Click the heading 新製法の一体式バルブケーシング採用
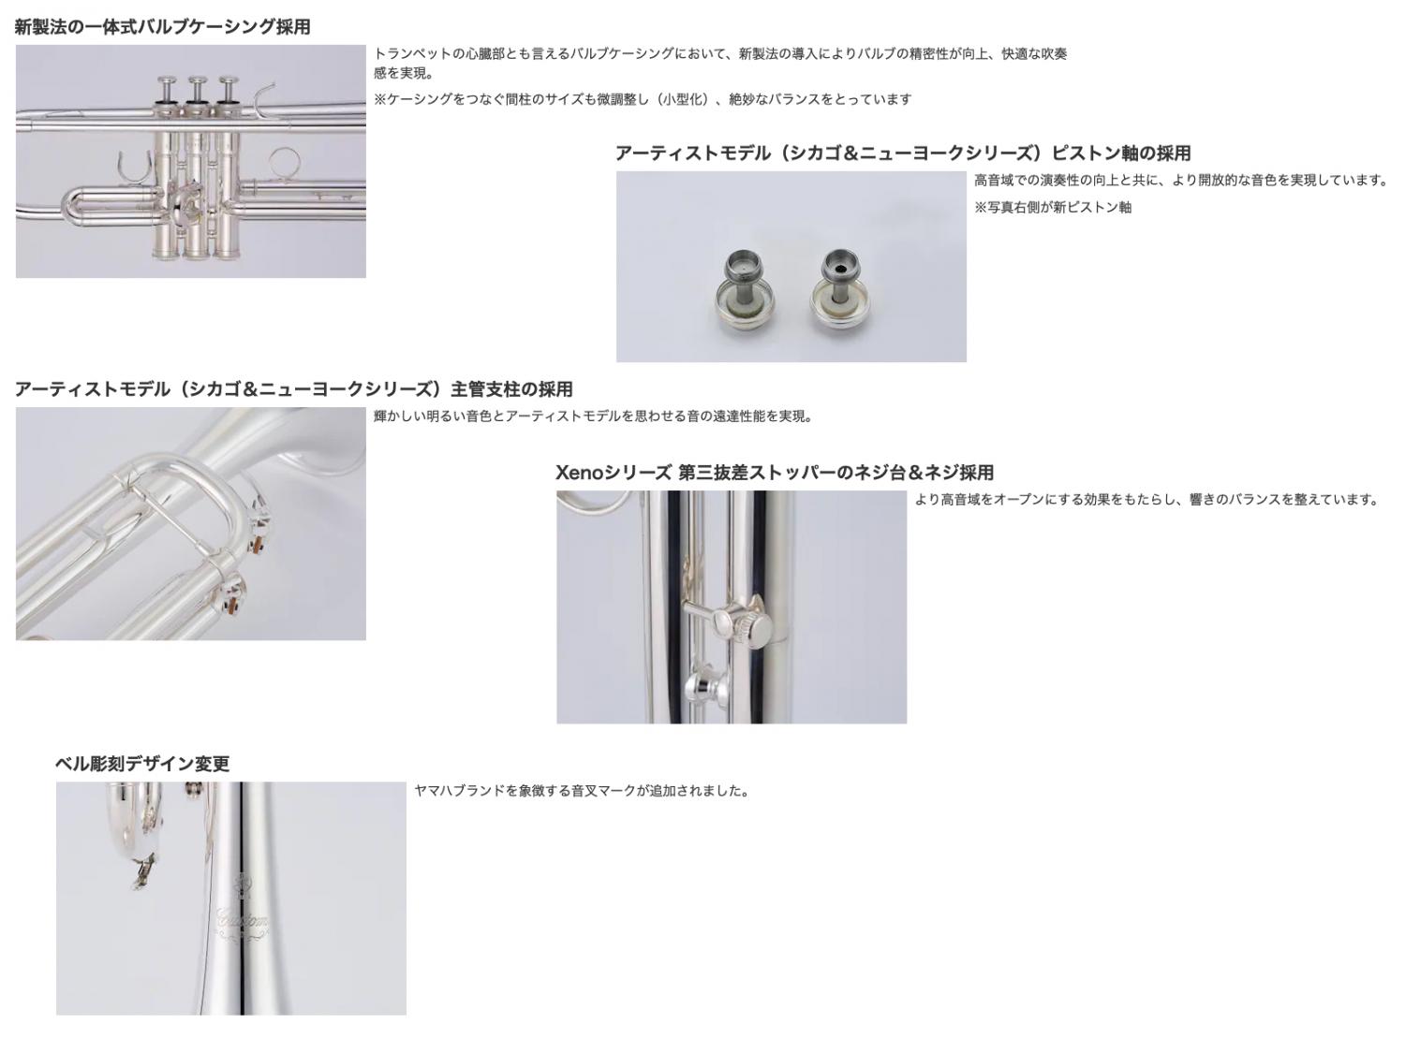coord(163,27)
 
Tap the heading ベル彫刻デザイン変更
coord(142,764)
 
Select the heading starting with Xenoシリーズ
coord(775,473)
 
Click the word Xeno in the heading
coord(578,473)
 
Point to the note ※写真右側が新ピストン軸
coord(1053,207)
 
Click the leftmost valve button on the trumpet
coord(169,90)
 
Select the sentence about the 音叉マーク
coord(582,791)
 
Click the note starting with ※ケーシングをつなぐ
coord(643,99)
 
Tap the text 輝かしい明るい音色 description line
coord(593,417)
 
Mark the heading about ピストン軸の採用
coord(903,154)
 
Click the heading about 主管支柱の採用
coord(293,389)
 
